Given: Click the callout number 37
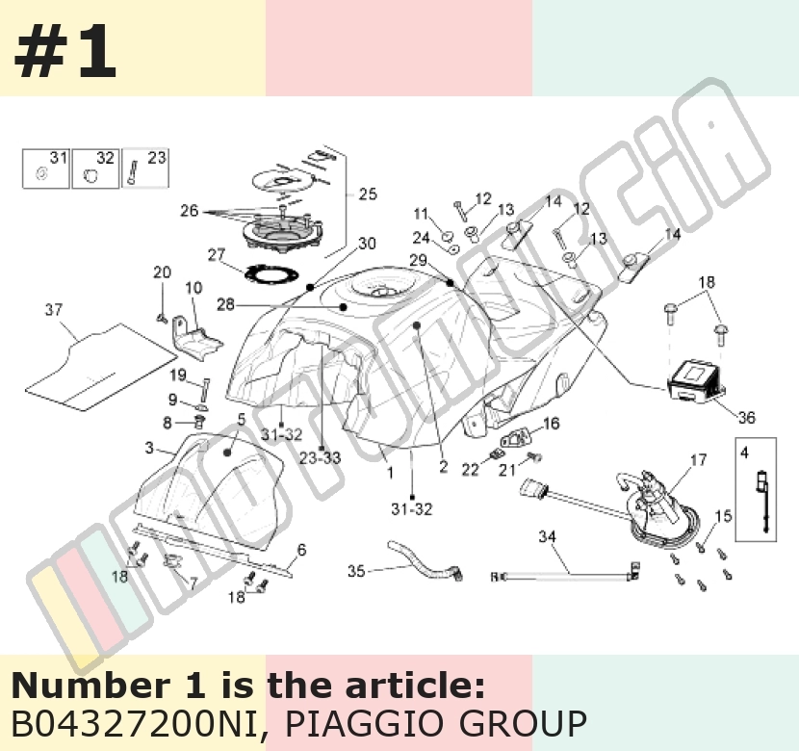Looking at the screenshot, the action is [54, 310].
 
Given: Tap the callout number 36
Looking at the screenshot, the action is [746, 418].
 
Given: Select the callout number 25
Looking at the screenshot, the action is [368, 194].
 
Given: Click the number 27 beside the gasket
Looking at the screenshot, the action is [217, 254].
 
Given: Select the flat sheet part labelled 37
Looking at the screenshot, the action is [102, 367].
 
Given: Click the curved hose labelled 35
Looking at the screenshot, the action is [424, 561].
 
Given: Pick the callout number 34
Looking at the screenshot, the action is [548, 536].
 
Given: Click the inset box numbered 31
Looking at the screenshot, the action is [46, 168].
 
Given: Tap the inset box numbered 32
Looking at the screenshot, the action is [95, 168].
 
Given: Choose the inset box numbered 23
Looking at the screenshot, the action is [145, 168].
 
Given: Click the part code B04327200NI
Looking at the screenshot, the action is [135, 722].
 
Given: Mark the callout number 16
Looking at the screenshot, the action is [552, 424].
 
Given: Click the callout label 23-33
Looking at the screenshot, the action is [320, 457].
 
